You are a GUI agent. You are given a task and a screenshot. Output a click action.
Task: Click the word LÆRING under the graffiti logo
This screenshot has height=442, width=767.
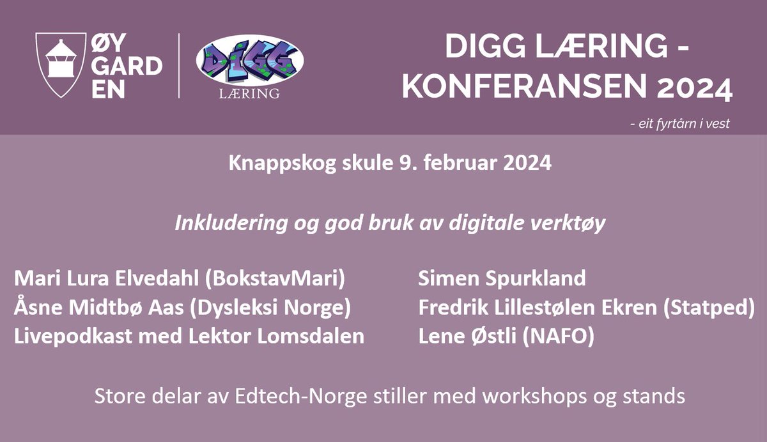tap(249, 94)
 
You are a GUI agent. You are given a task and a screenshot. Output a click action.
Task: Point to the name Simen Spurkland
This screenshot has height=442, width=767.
tap(502, 278)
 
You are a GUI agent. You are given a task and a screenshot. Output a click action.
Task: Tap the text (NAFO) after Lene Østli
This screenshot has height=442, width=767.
tap(559, 337)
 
